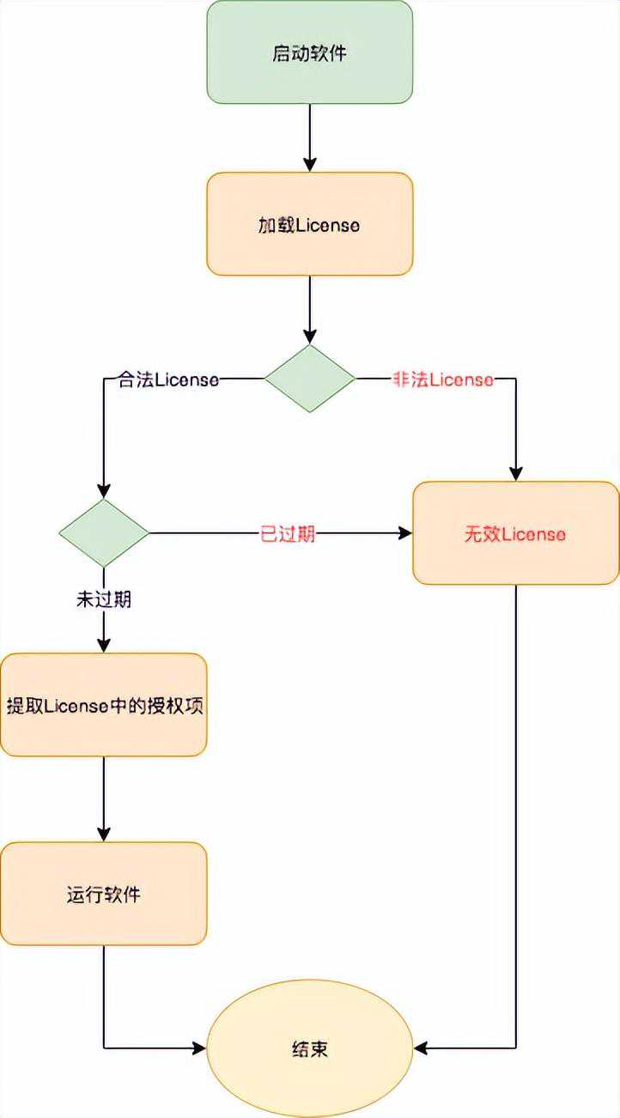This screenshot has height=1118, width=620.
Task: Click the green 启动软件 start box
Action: click(x=309, y=52)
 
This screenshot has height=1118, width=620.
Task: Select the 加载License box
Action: click(x=309, y=224)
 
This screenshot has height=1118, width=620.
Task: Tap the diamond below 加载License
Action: click(x=309, y=379)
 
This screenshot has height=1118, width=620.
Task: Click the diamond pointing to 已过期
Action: click(x=103, y=533)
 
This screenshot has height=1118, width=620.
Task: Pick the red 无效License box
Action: click(x=515, y=533)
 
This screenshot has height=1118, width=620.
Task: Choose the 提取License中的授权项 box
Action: click(x=103, y=705)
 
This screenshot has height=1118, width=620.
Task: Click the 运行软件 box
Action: click(x=103, y=894)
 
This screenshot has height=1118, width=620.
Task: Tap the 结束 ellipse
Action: click(x=309, y=1048)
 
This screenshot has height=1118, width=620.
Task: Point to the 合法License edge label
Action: click(x=167, y=380)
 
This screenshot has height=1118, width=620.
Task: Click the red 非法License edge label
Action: click(x=443, y=380)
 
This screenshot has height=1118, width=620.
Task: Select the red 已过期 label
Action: click(x=288, y=533)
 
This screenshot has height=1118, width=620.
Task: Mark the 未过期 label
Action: click(x=103, y=599)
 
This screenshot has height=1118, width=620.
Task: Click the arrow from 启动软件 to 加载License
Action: click(x=309, y=137)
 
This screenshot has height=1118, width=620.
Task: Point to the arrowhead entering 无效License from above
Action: click(x=515, y=473)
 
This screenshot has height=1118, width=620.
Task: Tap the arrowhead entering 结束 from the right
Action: click(x=421, y=1048)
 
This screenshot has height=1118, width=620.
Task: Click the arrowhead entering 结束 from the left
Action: click(x=198, y=1048)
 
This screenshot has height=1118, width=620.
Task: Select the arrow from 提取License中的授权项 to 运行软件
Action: click(x=103, y=799)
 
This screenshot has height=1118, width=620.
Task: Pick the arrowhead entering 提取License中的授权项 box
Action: click(x=103, y=646)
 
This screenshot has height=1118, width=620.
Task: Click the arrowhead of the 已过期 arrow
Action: click(x=404, y=533)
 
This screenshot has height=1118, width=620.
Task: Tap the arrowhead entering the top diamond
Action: click(x=309, y=337)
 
